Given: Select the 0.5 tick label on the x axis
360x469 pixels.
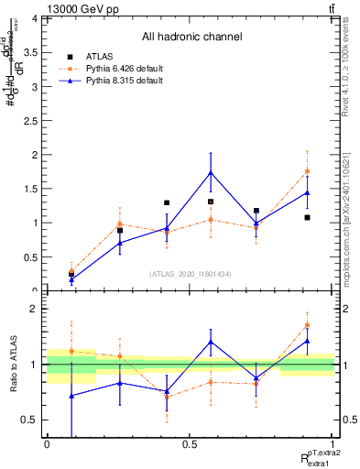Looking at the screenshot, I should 189,443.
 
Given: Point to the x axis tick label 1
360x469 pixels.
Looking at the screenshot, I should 333,443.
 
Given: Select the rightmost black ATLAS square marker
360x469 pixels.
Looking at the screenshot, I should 308,218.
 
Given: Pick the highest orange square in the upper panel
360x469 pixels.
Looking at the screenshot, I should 308,171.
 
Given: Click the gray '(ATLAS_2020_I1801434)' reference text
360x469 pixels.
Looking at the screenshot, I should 191,274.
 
